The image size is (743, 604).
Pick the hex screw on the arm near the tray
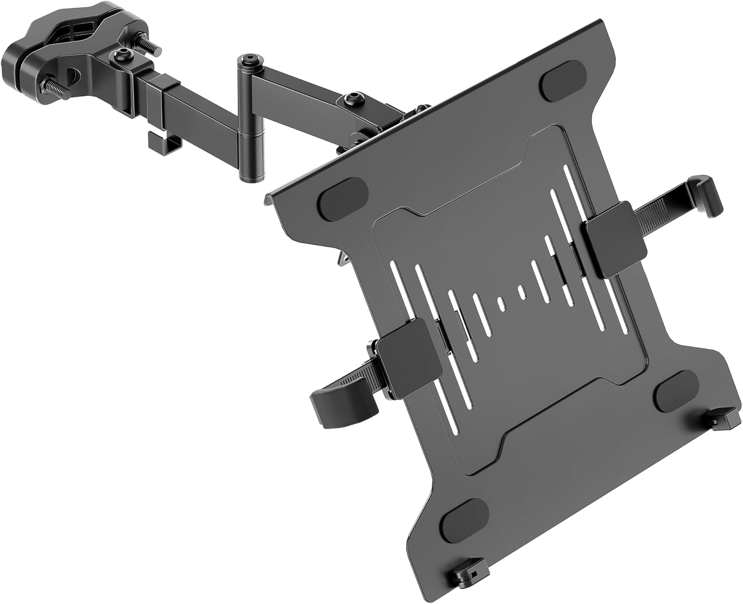click(x=352, y=97)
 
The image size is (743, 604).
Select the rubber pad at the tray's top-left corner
click(x=344, y=199)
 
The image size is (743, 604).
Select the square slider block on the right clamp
click(x=616, y=238)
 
